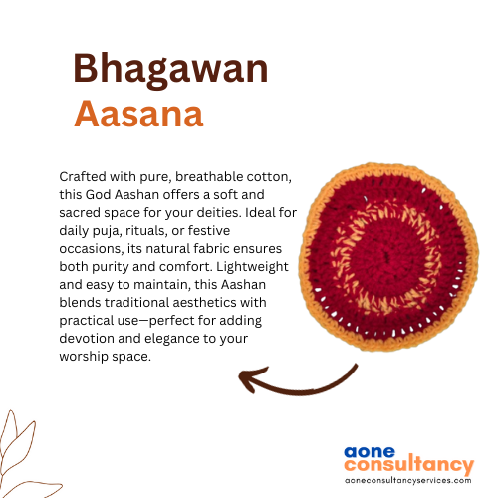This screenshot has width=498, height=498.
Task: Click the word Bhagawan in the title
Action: (170, 70)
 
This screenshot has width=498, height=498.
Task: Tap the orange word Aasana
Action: (138, 114)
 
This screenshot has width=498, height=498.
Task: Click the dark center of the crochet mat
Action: (386, 257)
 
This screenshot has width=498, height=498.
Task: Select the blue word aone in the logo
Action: (370, 452)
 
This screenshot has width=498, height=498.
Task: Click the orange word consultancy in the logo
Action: (409, 465)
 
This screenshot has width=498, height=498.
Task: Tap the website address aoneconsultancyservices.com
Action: (408, 480)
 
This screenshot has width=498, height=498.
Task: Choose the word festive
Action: (209, 231)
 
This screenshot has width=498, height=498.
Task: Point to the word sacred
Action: (80, 213)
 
